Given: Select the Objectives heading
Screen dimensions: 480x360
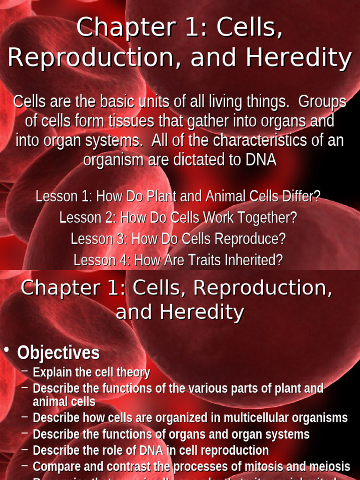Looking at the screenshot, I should [x=59, y=353].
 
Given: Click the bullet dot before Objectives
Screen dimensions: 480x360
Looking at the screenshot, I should [x=7, y=352].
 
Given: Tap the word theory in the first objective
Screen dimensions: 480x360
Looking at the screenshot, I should [x=133, y=373].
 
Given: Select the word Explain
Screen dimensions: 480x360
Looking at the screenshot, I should [x=50, y=373].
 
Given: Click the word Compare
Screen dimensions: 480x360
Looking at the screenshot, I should [x=53, y=466].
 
